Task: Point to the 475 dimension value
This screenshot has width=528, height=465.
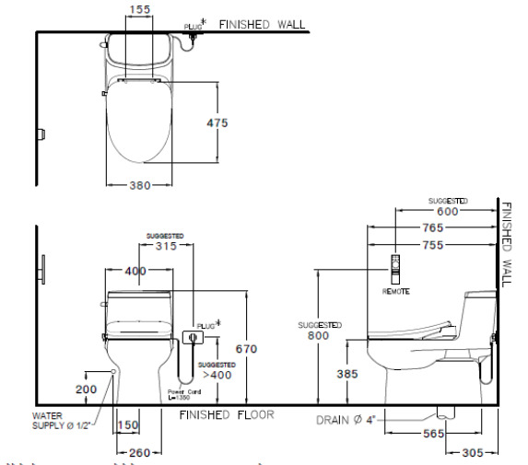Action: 217,122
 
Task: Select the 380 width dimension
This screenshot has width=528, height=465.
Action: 139,185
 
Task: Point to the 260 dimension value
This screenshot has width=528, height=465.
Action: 139,452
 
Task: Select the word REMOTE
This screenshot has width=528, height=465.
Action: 395,291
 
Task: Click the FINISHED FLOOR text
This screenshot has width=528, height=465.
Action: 227,414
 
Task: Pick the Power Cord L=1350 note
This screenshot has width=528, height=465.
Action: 185,396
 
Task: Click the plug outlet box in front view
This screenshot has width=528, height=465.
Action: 191,337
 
